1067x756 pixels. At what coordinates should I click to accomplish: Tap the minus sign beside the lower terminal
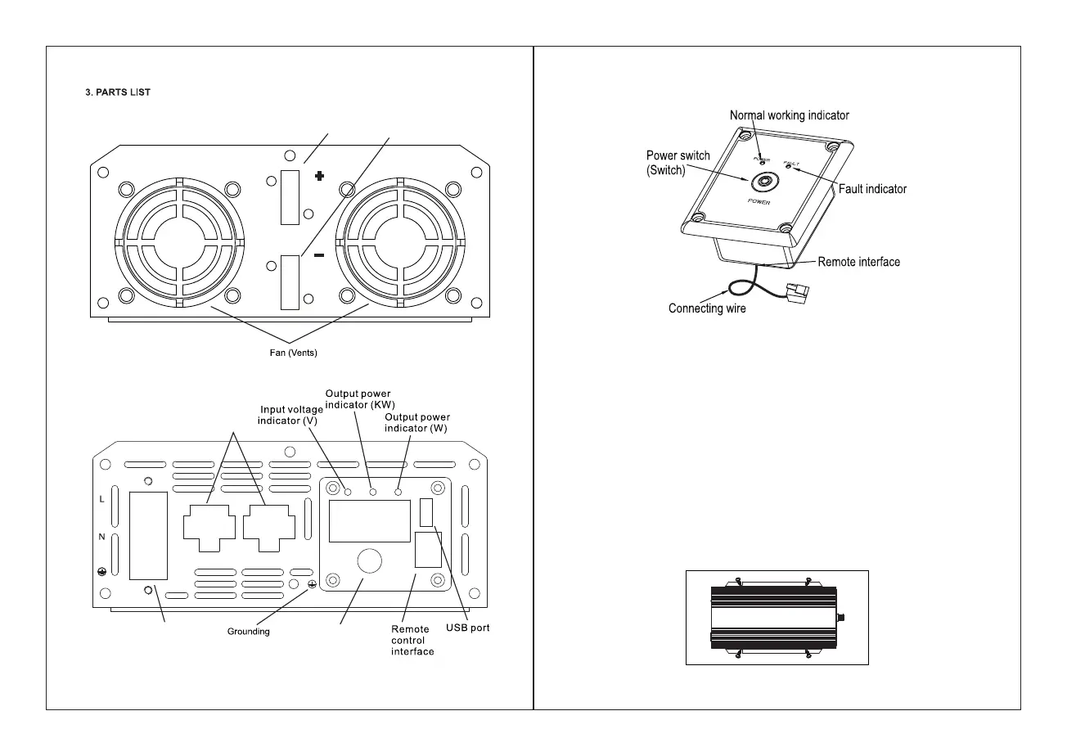point(318,256)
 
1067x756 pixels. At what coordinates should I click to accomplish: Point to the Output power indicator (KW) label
point(358,399)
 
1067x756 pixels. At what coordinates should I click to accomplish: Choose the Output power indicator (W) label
point(416,423)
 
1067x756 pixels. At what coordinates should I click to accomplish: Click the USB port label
point(467,629)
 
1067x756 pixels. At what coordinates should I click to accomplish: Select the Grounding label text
point(248,632)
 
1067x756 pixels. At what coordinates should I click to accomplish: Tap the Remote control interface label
point(412,641)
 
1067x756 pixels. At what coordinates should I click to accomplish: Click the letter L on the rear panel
point(101,499)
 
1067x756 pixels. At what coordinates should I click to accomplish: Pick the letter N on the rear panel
point(101,536)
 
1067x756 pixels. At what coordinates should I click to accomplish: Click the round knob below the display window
point(370,561)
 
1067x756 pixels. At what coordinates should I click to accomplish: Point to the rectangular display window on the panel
point(369,521)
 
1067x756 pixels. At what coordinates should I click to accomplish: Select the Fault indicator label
point(872,189)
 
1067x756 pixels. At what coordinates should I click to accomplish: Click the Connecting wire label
point(707,309)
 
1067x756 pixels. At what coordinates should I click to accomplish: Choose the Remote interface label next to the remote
point(858,262)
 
